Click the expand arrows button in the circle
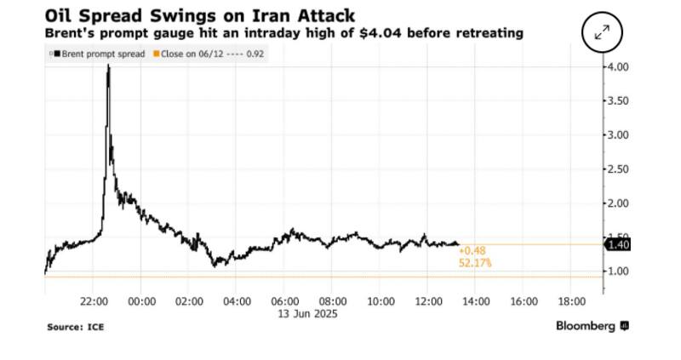(602, 33)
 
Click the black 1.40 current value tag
(619, 245)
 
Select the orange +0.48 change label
(471, 251)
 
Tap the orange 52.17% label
(474, 264)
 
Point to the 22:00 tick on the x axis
(93, 301)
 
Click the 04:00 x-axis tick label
(237, 301)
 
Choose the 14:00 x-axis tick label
(476, 301)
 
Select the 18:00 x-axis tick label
(571, 301)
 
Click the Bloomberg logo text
(587, 326)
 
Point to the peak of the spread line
(108, 66)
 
